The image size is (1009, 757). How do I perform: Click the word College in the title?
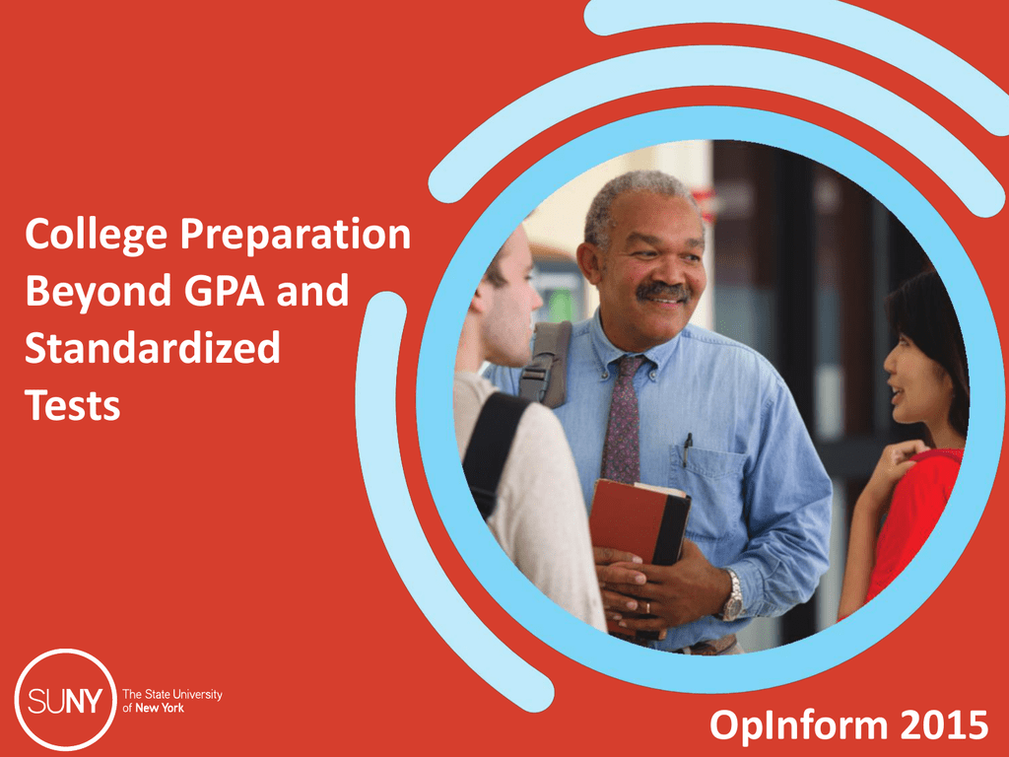point(96,235)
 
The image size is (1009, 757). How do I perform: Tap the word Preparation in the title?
point(296,235)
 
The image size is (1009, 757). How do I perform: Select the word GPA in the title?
point(225,290)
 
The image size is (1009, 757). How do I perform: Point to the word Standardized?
point(153,348)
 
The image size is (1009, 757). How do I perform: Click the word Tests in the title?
point(73,405)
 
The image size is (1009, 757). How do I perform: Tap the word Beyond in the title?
point(98,292)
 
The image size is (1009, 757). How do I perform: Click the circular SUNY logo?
point(65,699)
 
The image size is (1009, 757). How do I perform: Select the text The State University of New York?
point(172,701)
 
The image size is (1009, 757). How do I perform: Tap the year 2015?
point(944,724)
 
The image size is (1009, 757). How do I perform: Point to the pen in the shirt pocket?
point(687,449)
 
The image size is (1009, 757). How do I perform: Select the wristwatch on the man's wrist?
point(732,596)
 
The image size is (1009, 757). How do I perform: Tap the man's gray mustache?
point(663,291)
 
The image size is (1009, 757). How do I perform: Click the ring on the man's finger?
point(648,607)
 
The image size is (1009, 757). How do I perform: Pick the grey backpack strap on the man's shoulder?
point(546,365)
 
